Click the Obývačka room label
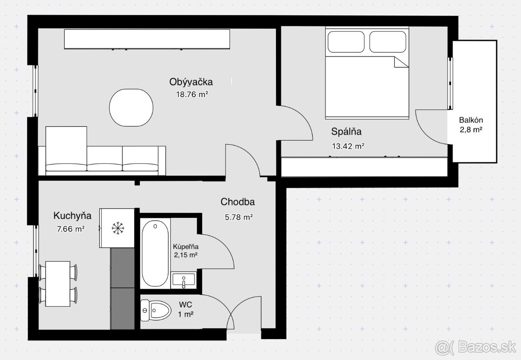191,82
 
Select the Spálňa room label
346,132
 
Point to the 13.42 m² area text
348,146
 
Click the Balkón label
472,120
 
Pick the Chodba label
237,202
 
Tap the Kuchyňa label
73,215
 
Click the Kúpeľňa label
185,246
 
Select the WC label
185,305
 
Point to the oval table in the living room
132,108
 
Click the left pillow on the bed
346,42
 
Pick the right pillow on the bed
388,42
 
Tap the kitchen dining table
58,283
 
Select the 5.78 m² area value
239,217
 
